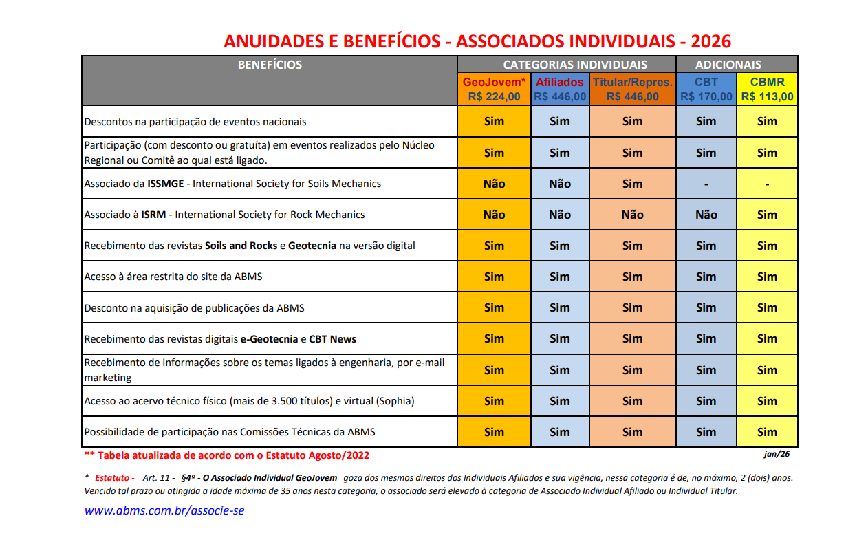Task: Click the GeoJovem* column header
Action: pyautogui.click(x=494, y=83)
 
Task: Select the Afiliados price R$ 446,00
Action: pyautogui.click(x=560, y=97)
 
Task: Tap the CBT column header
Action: pyautogui.click(x=706, y=83)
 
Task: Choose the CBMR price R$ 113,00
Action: pyautogui.click(x=767, y=97)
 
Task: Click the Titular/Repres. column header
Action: pyautogui.click(x=632, y=83)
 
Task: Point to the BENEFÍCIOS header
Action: pyautogui.click(x=270, y=65)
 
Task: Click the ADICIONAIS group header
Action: pyautogui.click(x=728, y=65)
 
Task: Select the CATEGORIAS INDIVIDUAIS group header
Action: pyautogui.click(x=575, y=65)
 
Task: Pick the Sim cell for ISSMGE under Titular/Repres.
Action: pyautogui.click(x=632, y=184)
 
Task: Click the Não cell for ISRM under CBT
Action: pyautogui.click(x=706, y=215)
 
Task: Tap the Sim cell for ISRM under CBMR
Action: pyautogui.click(x=767, y=215)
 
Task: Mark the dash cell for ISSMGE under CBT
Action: pyautogui.click(x=706, y=184)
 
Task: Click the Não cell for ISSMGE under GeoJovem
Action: pyautogui.click(x=494, y=184)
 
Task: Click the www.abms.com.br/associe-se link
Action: pyautogui.click(x=164, y=510)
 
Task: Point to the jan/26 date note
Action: pyautogui.click(x=777, y=454)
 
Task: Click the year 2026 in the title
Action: pyautogui.click(x=710, y=41)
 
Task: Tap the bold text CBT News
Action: pyautogui.click(x=332, y=339)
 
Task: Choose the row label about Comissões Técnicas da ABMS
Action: pyautogui.click(x=230, y=432)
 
